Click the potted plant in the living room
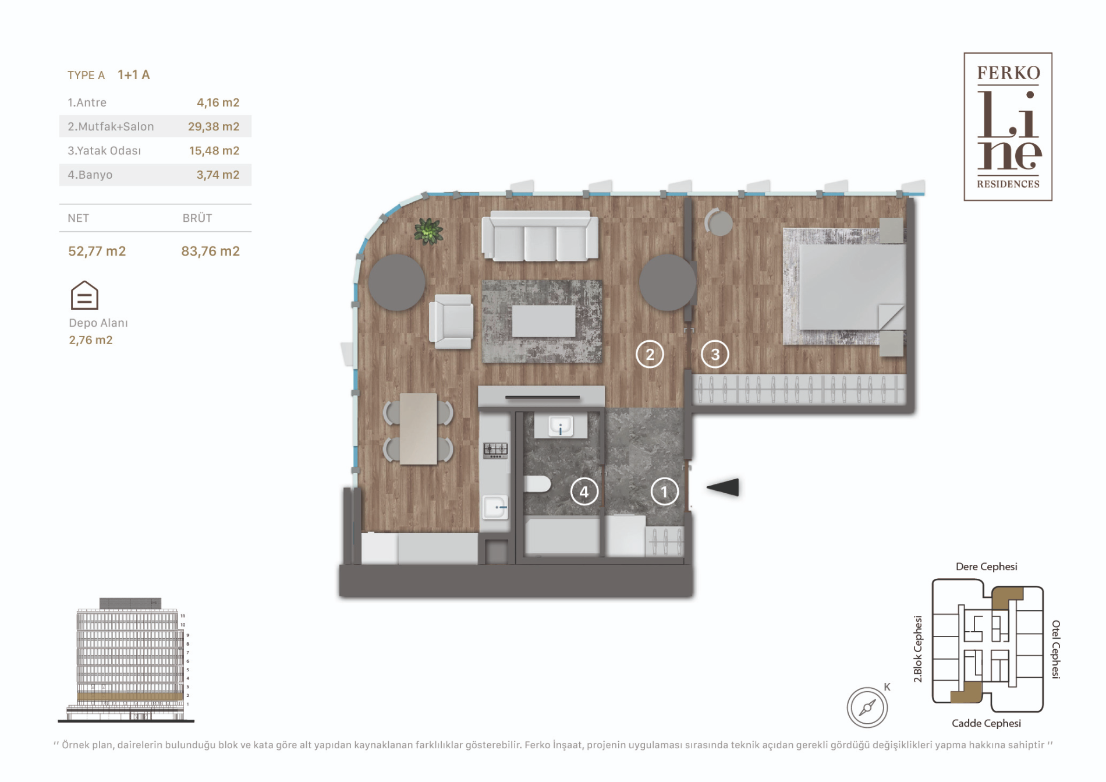(428, 231)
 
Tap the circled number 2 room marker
(650, 354)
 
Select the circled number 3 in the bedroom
(715, 354)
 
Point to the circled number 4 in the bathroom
(584, 492)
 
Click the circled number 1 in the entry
(664, 492)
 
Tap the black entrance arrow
(723, 487)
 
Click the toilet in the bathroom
(537, 484)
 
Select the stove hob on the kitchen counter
(495, 450)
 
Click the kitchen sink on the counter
(495, 507)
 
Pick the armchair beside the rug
(451, 321)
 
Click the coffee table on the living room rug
(544, 321)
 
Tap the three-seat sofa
(540, 236)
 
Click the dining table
(419, 429)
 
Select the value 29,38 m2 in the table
(214, 126)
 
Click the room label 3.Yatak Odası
(104, 151)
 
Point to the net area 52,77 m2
(97, 251)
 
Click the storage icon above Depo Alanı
(84, 295)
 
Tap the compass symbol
(867, 707)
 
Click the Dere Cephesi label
(987, 567)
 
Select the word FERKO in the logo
(1008, 73)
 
